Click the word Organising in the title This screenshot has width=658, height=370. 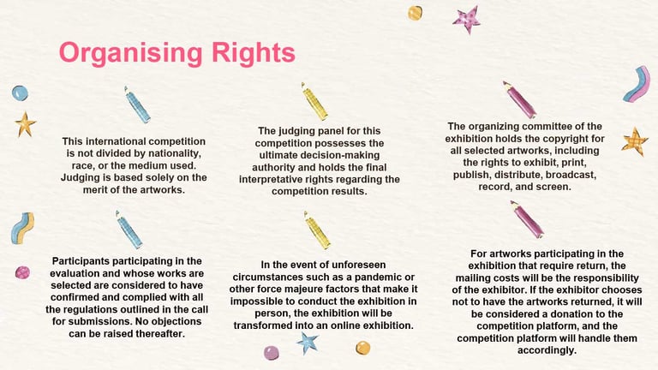[x=130, y=53]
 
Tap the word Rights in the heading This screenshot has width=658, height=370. [x=254, y=52]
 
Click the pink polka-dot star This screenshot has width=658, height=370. [x=467, y=19]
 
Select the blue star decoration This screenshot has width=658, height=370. [x=308, y=343]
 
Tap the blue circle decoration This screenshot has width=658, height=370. [x=20, y=92]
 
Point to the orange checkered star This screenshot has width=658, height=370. [x=635, y=142]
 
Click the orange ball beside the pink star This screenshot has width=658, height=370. [x=415, y=13]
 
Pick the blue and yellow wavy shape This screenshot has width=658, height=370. [x=22, y=228]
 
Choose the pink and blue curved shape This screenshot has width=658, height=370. [x=637, y=84]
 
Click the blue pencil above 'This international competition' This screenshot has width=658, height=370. [x=137, y=104]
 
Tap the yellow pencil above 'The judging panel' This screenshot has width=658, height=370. [x=314, y=101]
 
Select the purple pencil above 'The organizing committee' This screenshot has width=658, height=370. [x=519, y=100]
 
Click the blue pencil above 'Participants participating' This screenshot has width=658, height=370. [x=129, y=230]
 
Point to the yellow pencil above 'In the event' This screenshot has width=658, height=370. [x=317, y=230]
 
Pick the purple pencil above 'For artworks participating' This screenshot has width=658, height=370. [x=527, y=219]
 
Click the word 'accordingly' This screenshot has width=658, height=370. [x=547, y=350]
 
